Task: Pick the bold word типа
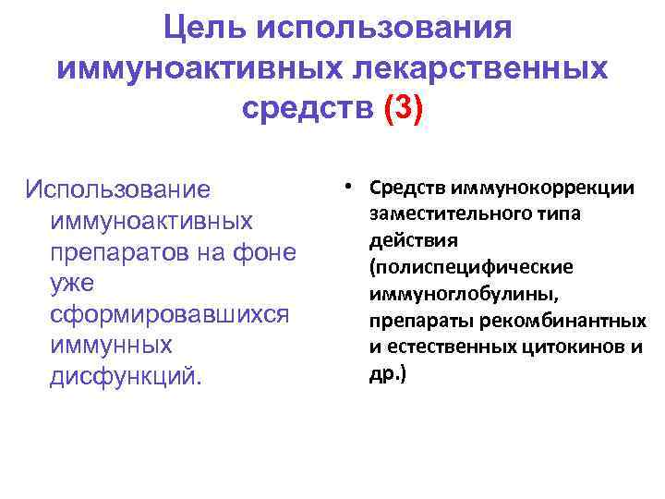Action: click(536, 214)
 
